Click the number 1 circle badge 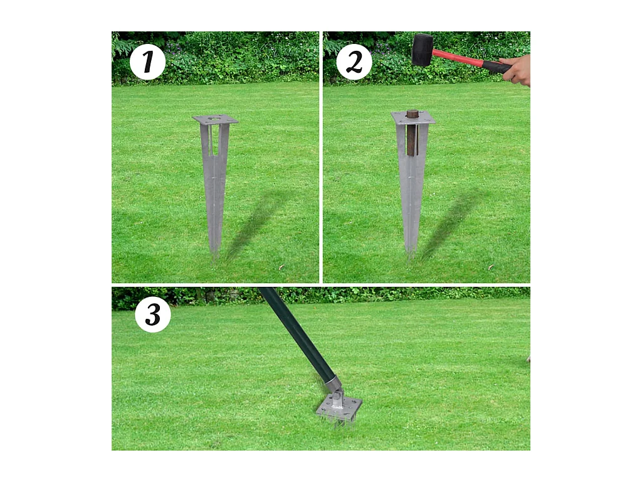coord(147,62)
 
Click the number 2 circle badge coord(354,62)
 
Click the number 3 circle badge coord(153,314)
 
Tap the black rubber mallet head coord(422,50)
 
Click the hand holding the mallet coord(517,70)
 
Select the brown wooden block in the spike coord(413,132)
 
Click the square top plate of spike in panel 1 coord(215,119)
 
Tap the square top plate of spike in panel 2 coord(413,117)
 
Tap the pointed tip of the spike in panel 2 coord(410,260)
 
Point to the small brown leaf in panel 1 coord(281,267)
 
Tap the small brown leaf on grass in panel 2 coord(491,267)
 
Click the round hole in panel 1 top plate coord(213,119)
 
